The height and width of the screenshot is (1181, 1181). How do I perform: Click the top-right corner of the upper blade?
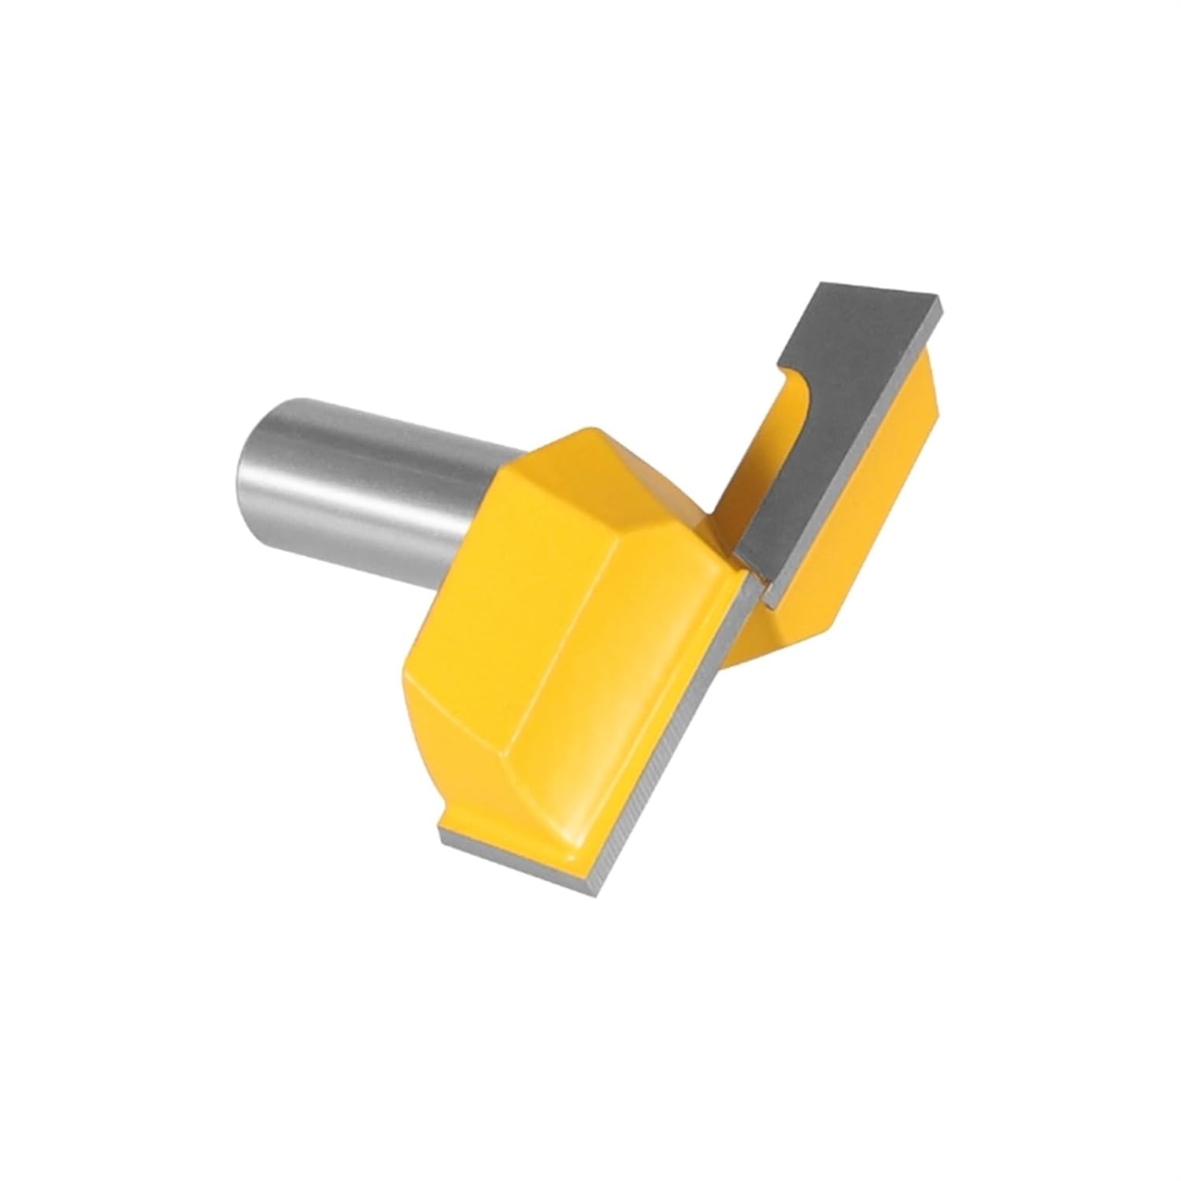coord(939,302)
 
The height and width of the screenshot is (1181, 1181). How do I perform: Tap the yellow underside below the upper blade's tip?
coord(795,630)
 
